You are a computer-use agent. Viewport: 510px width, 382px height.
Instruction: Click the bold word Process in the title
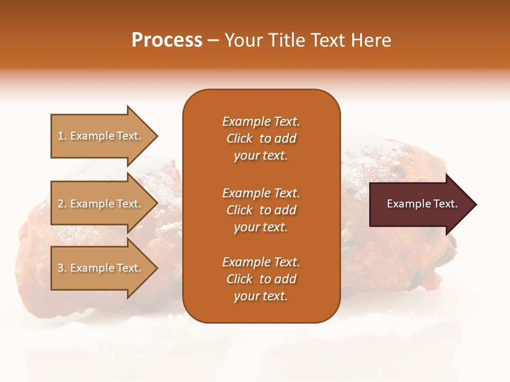[x=167, y=40]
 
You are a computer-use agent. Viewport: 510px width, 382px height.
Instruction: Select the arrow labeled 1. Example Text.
[x=101, y=136]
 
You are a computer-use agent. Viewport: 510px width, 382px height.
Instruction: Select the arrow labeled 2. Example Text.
[x=101, y=204]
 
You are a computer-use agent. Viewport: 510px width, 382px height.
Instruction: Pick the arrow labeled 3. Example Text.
[x=101, y=268]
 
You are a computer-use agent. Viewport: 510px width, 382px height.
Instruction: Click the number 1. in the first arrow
[x=62, y=136]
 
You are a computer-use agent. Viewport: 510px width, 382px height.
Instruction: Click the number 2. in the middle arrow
[x=62, y=204]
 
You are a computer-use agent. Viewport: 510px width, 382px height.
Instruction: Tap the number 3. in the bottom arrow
[x=62, y=268]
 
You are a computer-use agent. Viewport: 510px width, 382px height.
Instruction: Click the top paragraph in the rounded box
[x=261, y=138]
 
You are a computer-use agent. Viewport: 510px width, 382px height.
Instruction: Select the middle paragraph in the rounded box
[x=261, y=210]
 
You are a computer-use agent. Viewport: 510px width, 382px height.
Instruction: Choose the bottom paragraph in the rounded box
[x=261, y=279]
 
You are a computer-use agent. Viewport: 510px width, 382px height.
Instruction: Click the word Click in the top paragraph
[x=240, y=138]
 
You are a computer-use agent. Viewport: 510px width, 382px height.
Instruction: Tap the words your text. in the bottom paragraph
[x=261, y=296]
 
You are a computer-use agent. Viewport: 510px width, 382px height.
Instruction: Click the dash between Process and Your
[x=213, y=40]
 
